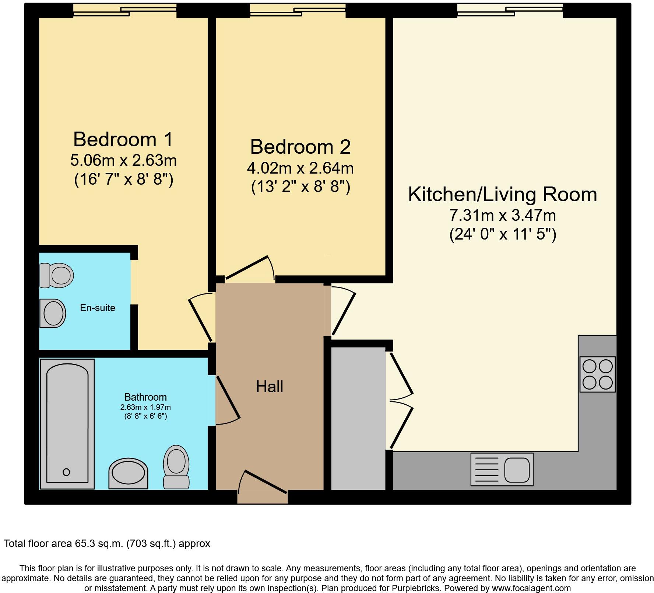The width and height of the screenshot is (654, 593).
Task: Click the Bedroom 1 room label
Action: click(123, 139)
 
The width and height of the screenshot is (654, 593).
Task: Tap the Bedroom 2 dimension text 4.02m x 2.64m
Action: click(300, 168)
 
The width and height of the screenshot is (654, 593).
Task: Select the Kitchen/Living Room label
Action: click(502, 194)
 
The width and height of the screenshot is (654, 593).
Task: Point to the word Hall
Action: click(270, 387)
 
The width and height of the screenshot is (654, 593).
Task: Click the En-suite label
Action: click(98, 308)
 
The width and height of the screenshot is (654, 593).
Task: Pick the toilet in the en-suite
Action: click(56, 275)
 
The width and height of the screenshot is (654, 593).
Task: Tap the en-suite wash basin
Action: click(53, 313)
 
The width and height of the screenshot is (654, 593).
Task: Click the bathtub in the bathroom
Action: click(67, 424)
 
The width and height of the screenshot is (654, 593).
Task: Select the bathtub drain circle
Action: click(66, 472)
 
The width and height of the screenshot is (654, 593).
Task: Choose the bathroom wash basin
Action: click(128, 474)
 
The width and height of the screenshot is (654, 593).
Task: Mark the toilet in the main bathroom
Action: click(176, 467)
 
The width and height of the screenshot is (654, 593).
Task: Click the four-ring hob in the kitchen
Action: click(597, 374)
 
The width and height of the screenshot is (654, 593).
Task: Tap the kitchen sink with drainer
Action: click(502, 469)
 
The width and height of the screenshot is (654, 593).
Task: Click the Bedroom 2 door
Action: click(250, 268)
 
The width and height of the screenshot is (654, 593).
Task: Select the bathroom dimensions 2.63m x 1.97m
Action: click(145, 407)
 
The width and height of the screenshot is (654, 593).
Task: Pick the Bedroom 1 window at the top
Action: click(125, 10)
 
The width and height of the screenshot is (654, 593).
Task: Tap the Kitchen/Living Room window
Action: click(510, 10)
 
